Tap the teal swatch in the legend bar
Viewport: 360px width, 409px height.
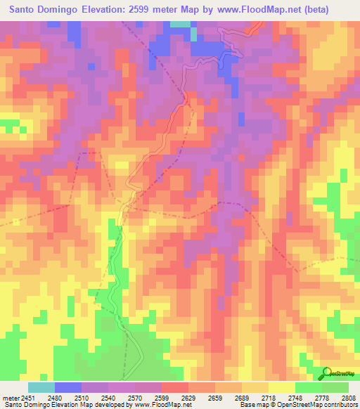41,387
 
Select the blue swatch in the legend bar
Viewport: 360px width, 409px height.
67,387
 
